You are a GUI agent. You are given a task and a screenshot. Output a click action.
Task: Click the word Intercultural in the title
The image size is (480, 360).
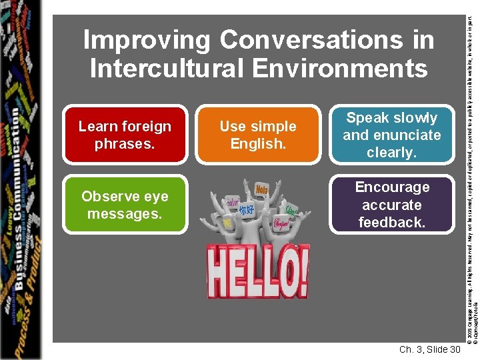pyautogui.click(x=175, y=68)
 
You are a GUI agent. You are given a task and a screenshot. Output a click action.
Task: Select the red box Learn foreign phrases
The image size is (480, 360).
pyautogui.click(x=125, y=135)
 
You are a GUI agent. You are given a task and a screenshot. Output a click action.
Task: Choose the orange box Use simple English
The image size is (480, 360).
pyautogui.click(x=258, y=135)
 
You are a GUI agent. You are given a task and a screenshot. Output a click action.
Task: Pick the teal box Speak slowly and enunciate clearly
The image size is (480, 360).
pyautogui.click(x=392, y=135)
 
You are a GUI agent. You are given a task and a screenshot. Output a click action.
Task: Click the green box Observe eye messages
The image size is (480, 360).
pyautogui.click(x=125, y=205)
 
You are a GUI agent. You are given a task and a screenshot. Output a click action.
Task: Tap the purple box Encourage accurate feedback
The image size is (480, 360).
pyautogui.click(x=392, y=205)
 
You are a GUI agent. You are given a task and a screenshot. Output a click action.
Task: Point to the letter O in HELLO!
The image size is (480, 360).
pyautogui.click(x=281, y=273)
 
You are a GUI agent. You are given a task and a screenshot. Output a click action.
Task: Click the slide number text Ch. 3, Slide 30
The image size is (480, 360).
pyautogui.click(x=429, y=349)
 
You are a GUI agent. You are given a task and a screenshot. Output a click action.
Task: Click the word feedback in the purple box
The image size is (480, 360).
pyautogui.click(x=392, y=222)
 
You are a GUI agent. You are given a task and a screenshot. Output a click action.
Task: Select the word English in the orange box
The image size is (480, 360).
pyautogui.click(x=258, y=143)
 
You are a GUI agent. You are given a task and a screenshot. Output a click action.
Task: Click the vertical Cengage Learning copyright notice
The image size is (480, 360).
pyautogui.click(x=469, y=167)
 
